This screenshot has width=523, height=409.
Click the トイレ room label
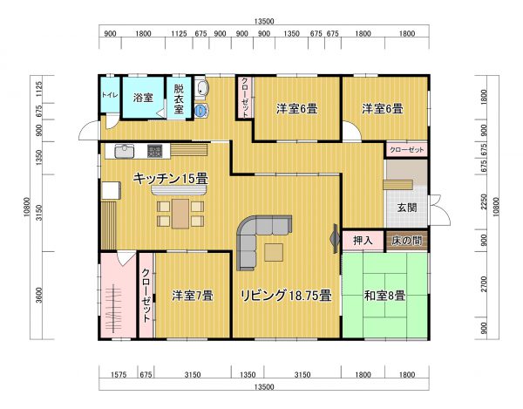[110, 94]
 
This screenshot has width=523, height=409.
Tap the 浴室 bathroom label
[142, 98]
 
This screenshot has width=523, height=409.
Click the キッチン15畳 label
[170, 178]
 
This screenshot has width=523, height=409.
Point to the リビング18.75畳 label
[285, 295]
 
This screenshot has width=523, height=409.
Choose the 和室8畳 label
[384, 296]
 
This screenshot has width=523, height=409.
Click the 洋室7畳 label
[193, 295]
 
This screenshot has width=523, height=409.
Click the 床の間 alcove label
[407, 240]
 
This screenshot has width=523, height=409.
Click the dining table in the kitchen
[180, 212]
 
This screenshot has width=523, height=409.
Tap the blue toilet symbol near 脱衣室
[201, 111]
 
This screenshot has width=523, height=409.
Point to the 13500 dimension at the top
[265, 21]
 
